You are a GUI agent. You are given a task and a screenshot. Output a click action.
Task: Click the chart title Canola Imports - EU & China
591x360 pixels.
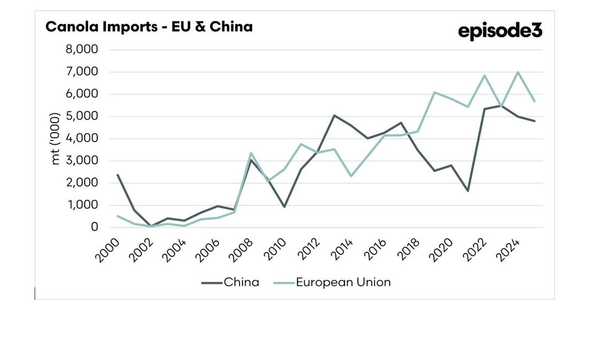149,26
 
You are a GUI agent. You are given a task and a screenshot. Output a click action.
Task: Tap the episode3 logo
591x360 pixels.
500,31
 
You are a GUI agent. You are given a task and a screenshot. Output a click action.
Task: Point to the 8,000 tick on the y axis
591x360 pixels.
82,50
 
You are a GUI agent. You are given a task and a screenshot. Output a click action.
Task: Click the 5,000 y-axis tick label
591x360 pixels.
82,116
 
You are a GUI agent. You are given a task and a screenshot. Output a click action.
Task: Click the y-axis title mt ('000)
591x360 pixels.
56,139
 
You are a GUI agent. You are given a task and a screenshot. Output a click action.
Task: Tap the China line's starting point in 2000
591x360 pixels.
118,174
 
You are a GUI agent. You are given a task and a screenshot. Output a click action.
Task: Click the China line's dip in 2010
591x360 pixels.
284,206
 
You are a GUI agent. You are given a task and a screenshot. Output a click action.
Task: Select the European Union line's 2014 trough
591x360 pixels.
351,176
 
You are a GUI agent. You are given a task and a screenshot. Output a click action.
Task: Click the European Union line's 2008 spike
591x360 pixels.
251,153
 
